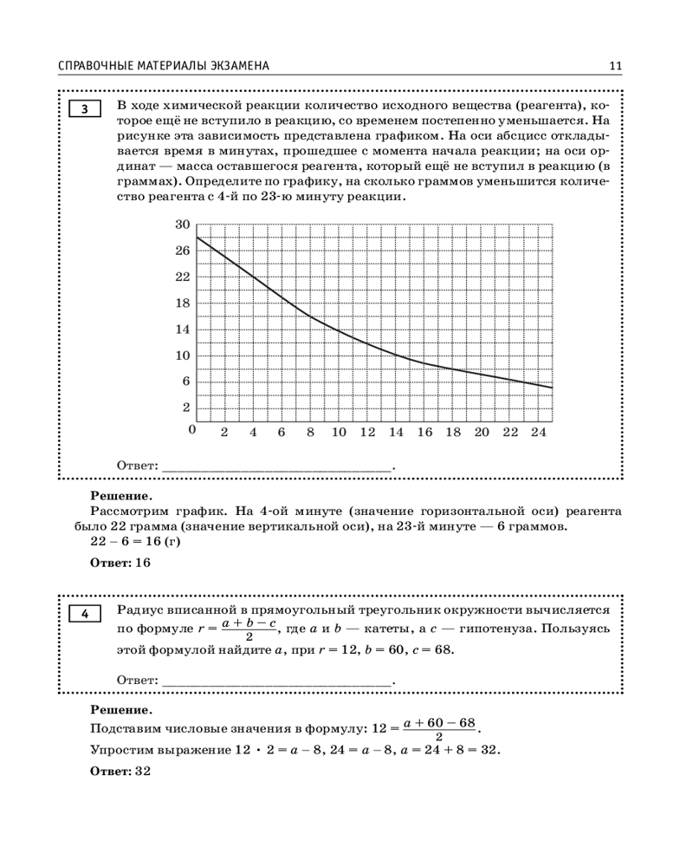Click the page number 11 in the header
point(616,66)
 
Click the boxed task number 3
point(85,109)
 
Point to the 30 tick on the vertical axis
point(182,225)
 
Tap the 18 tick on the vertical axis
point(182,303)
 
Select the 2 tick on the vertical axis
point(185,408)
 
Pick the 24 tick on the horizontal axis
point(538,432)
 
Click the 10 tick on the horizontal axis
point(338,432)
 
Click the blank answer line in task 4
point(277,681)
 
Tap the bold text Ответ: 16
point(120,563)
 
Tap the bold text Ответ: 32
point(120,771)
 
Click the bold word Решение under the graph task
point(120,497)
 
